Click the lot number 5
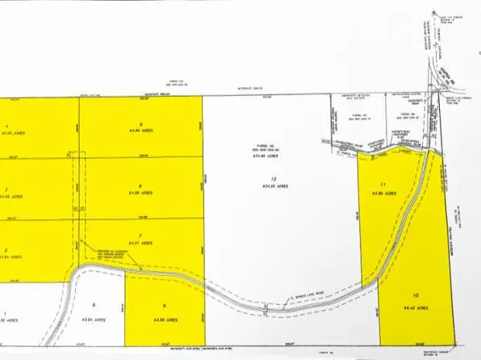(x=140, y=123)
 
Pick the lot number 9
(x=164, y=304)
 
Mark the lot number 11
(x=395, y=184)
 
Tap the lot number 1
(x=5, y=312)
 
